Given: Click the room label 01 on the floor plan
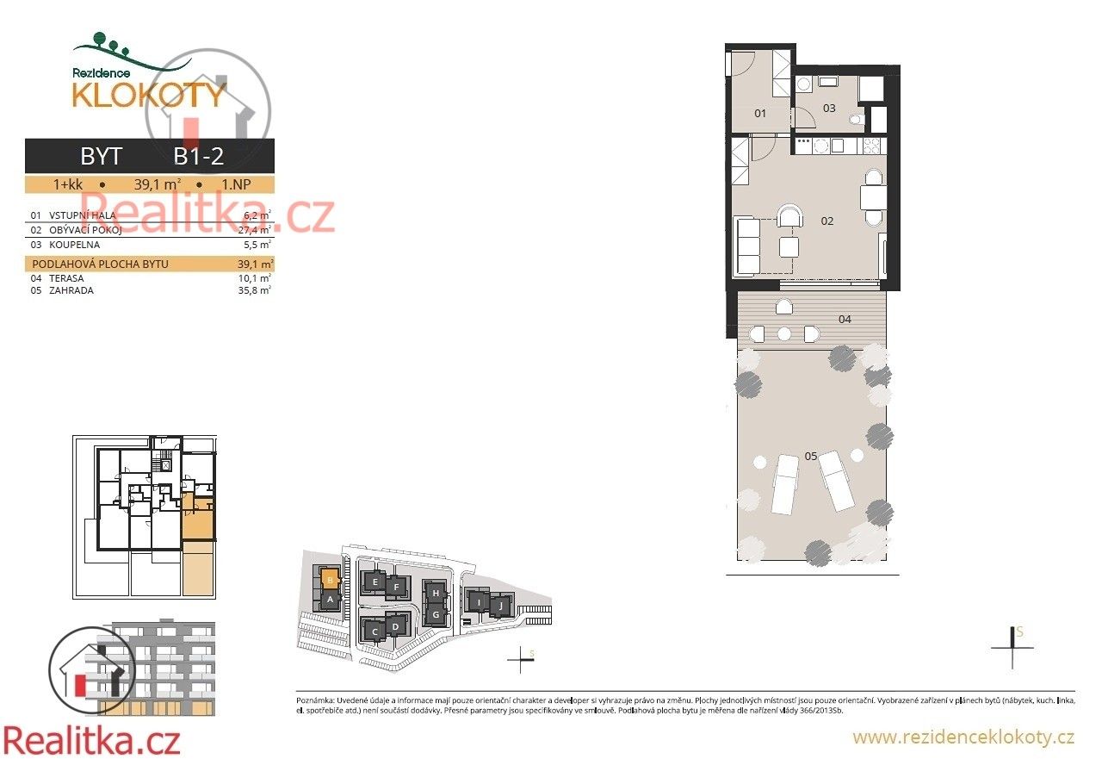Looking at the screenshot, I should coord(760,113).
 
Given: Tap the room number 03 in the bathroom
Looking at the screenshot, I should coord(829,109).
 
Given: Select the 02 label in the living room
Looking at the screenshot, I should coord(827,221).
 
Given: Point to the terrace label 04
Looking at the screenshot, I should coord(845,320).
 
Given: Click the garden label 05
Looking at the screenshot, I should coord(810,457).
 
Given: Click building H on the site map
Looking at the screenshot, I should coord(436,594).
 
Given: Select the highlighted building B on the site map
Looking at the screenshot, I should coord(329,580).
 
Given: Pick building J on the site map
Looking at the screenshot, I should coord(500,606).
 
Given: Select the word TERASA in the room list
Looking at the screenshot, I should coord(66,279).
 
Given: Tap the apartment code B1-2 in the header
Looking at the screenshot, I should coord(199,156).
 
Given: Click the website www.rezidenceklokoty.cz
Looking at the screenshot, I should coord(963,737).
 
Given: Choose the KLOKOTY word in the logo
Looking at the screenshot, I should coord(148,95).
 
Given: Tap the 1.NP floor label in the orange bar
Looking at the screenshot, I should coord(237,184).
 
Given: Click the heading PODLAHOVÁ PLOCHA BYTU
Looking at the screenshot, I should coord(100,264).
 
